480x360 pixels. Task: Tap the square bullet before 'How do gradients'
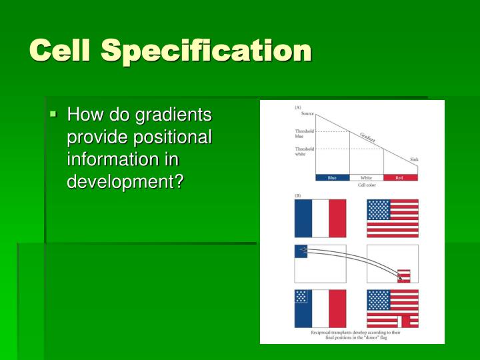[x=55, y=115]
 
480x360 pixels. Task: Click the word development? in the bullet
[x=125, y=181]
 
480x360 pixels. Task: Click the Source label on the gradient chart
[x=307, y=114]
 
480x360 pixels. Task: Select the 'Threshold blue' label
[x=304, y=133]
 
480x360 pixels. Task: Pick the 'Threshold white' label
[x=304, y=152]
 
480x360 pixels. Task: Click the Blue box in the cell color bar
[x=332, y=178]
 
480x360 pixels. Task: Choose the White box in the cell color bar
[x=367, y=178]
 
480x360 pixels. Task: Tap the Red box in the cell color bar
[x=401, y=178]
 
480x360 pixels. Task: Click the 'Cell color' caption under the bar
[x=367, y=185]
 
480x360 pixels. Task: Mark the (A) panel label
[x=297, y=107]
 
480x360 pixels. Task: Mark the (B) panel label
[x=297, y=195]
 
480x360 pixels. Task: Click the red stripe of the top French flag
[x=337, y=218]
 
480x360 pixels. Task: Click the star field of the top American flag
[x=379, y=210]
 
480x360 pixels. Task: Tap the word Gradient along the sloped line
[x=367, y=137]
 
